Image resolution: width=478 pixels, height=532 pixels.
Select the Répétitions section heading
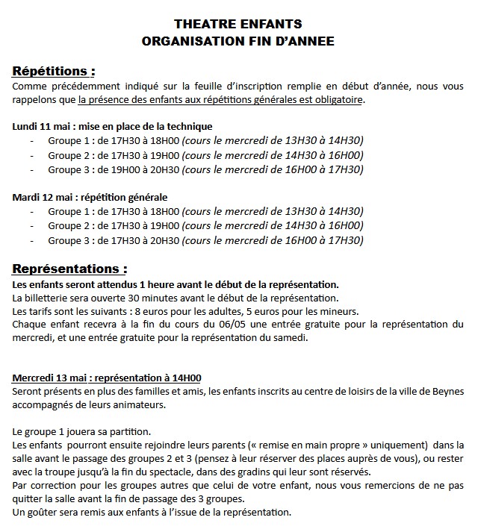pyautogui.click(x=54, y=72)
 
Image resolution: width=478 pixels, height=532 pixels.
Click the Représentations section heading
pyautogui.click(x=69, y=269)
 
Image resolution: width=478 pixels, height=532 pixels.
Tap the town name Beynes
pyautogui.click(x=447, y=392)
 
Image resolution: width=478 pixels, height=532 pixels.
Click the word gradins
pyautogui.click(x=273, y=473)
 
